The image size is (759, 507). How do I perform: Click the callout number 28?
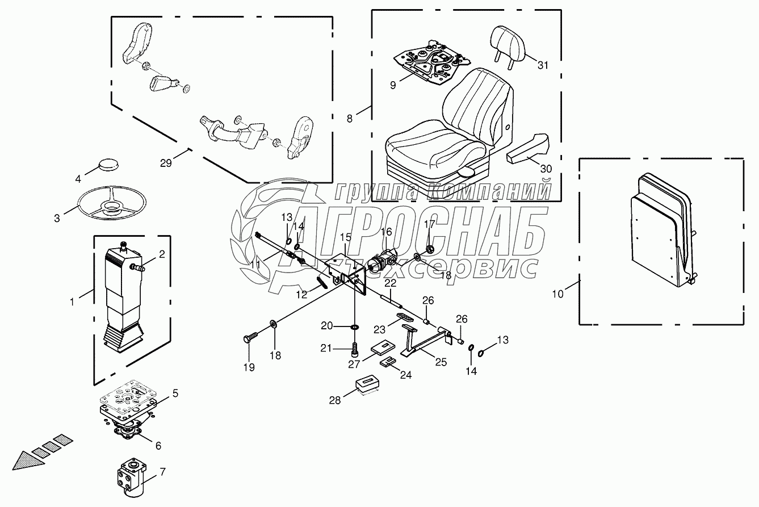(x=335, y=400)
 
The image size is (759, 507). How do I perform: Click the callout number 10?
(x=559, y=294)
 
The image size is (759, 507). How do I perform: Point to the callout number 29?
(x=166, y=164)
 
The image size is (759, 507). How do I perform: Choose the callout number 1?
(x=72, y=302)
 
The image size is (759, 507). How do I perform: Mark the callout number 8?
(x=350, y=119)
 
